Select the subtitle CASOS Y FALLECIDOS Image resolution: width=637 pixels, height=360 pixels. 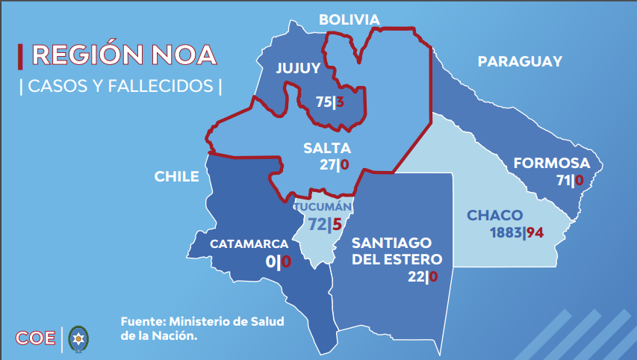(120, 87)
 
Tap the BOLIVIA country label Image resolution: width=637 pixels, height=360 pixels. (349, 19)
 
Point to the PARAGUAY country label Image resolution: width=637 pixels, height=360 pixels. (520, 62)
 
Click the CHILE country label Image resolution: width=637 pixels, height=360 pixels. (176, 177)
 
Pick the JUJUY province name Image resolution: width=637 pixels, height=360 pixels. (298, 68)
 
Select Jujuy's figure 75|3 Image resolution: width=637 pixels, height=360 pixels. (329, 102)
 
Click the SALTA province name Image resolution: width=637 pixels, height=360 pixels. (327, 149)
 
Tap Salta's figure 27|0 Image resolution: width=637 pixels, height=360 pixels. (335, 165)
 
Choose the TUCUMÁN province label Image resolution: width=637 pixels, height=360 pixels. (323, 207)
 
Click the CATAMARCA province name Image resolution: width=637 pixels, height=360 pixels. (249, 244)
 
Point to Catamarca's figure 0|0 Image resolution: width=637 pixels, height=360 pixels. (278, 261)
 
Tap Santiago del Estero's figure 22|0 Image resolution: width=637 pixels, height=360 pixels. (422, 277)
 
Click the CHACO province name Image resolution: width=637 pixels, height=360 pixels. (495, 216)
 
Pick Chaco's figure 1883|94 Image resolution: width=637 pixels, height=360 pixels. (516, 232)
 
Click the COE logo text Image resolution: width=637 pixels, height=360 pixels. (36, 338)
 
